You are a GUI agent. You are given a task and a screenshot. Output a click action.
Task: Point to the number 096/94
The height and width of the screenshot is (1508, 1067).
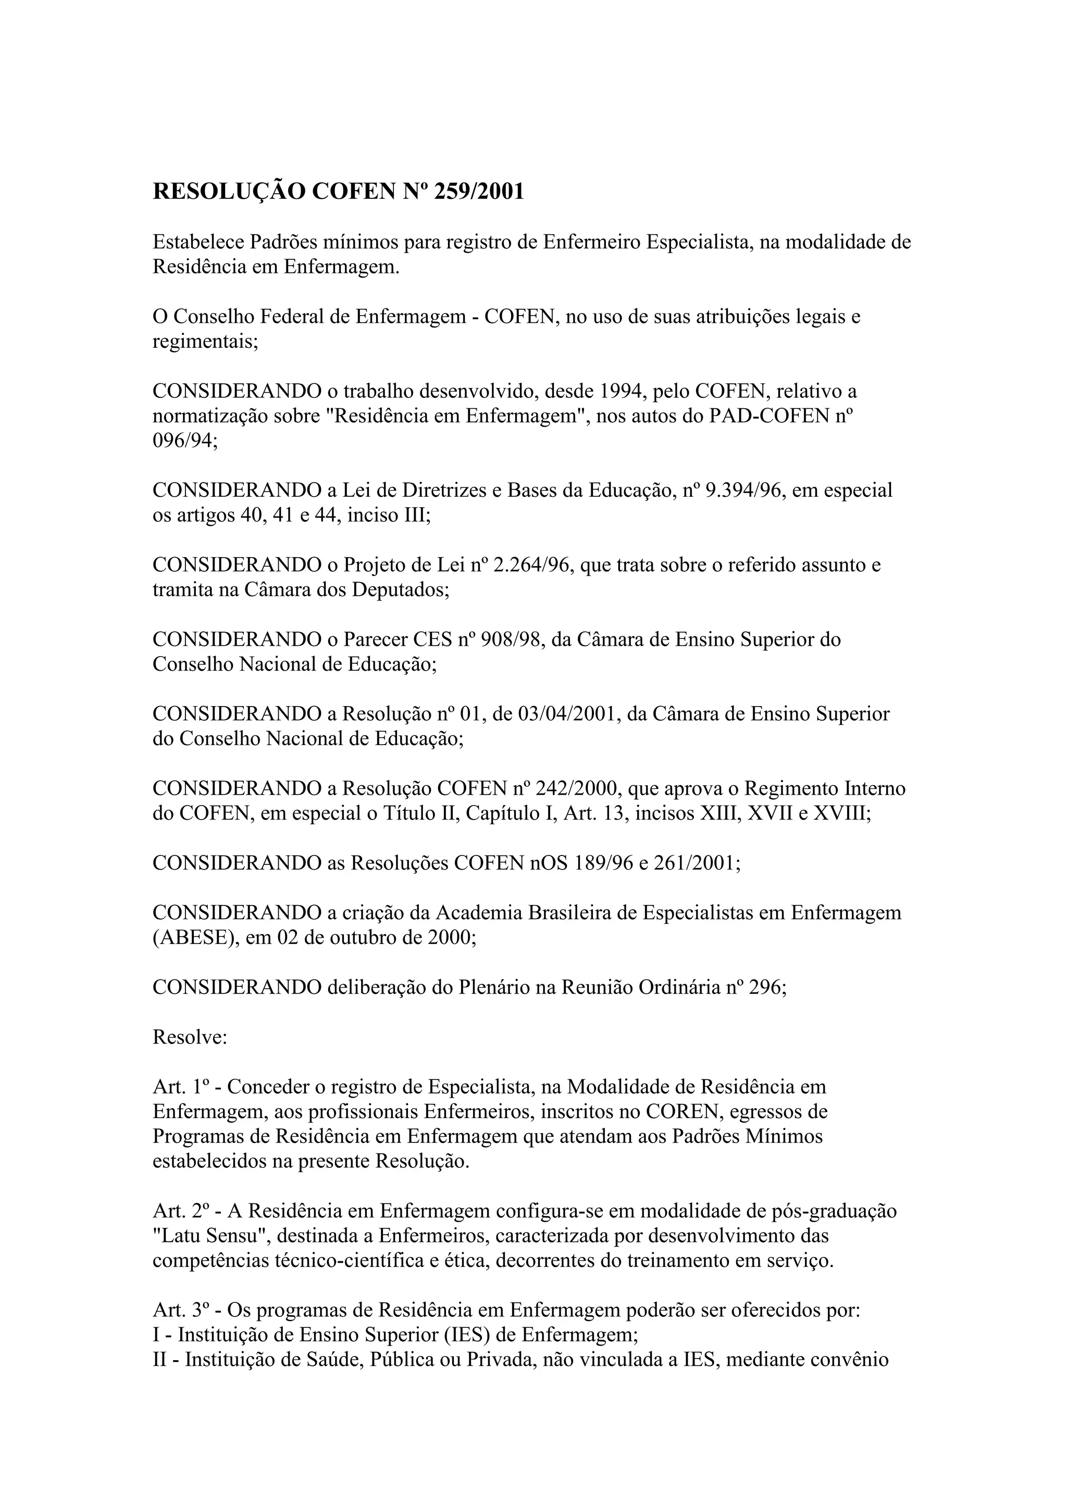coord(184,441)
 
